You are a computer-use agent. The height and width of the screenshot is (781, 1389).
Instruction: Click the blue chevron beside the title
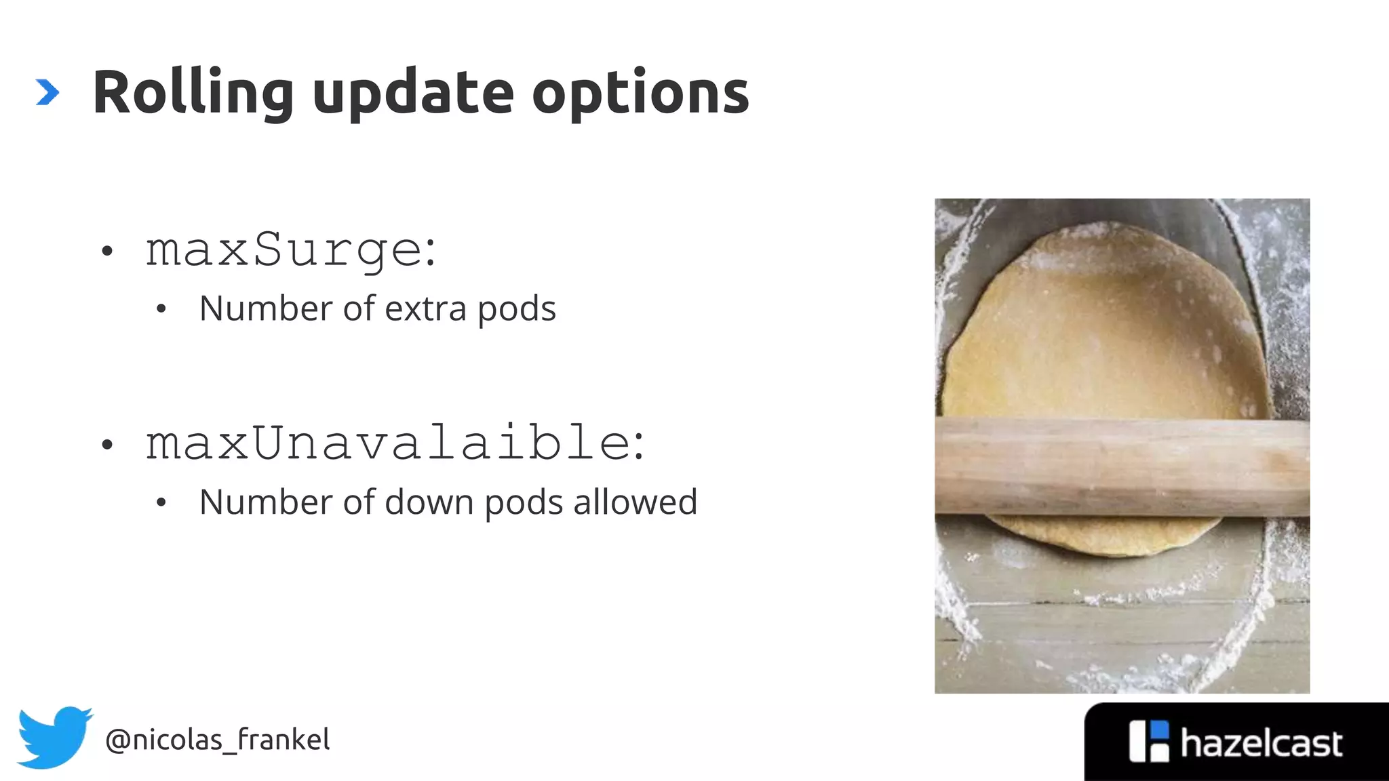47,92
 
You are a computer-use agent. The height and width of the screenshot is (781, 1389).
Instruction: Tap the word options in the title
640,95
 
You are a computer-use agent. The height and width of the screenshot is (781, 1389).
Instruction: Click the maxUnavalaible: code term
395,443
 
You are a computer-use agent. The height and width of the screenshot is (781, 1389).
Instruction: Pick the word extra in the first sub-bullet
425,308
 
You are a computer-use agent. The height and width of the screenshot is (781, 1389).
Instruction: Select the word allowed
635,502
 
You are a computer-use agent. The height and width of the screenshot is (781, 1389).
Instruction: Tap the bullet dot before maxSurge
106,252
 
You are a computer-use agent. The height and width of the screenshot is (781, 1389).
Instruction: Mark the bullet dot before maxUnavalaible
106,445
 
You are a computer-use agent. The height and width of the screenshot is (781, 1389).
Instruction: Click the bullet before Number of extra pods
161,309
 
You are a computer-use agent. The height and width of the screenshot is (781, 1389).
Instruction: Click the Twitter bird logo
54,737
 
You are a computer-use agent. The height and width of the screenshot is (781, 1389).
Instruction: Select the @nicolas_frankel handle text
217,740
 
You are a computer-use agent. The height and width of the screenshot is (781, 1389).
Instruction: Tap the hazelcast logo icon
1149,741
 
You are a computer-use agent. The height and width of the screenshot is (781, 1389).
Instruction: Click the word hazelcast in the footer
1261,743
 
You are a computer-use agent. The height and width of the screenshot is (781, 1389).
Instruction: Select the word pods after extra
517,310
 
